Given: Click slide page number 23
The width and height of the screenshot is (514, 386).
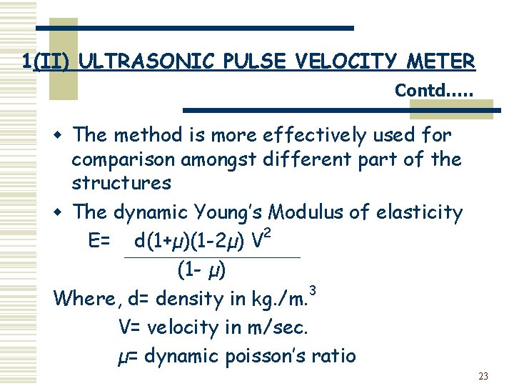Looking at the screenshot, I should (483, 376).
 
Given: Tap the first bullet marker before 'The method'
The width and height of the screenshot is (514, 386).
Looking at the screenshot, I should (62, 135).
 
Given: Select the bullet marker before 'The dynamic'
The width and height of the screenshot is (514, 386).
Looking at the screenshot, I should (62, 213).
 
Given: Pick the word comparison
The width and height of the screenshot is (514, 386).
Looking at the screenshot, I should (124, 159).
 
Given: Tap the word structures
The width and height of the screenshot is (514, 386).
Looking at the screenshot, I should (121, 183).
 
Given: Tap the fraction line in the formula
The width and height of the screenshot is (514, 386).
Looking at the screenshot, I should (211, 257).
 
